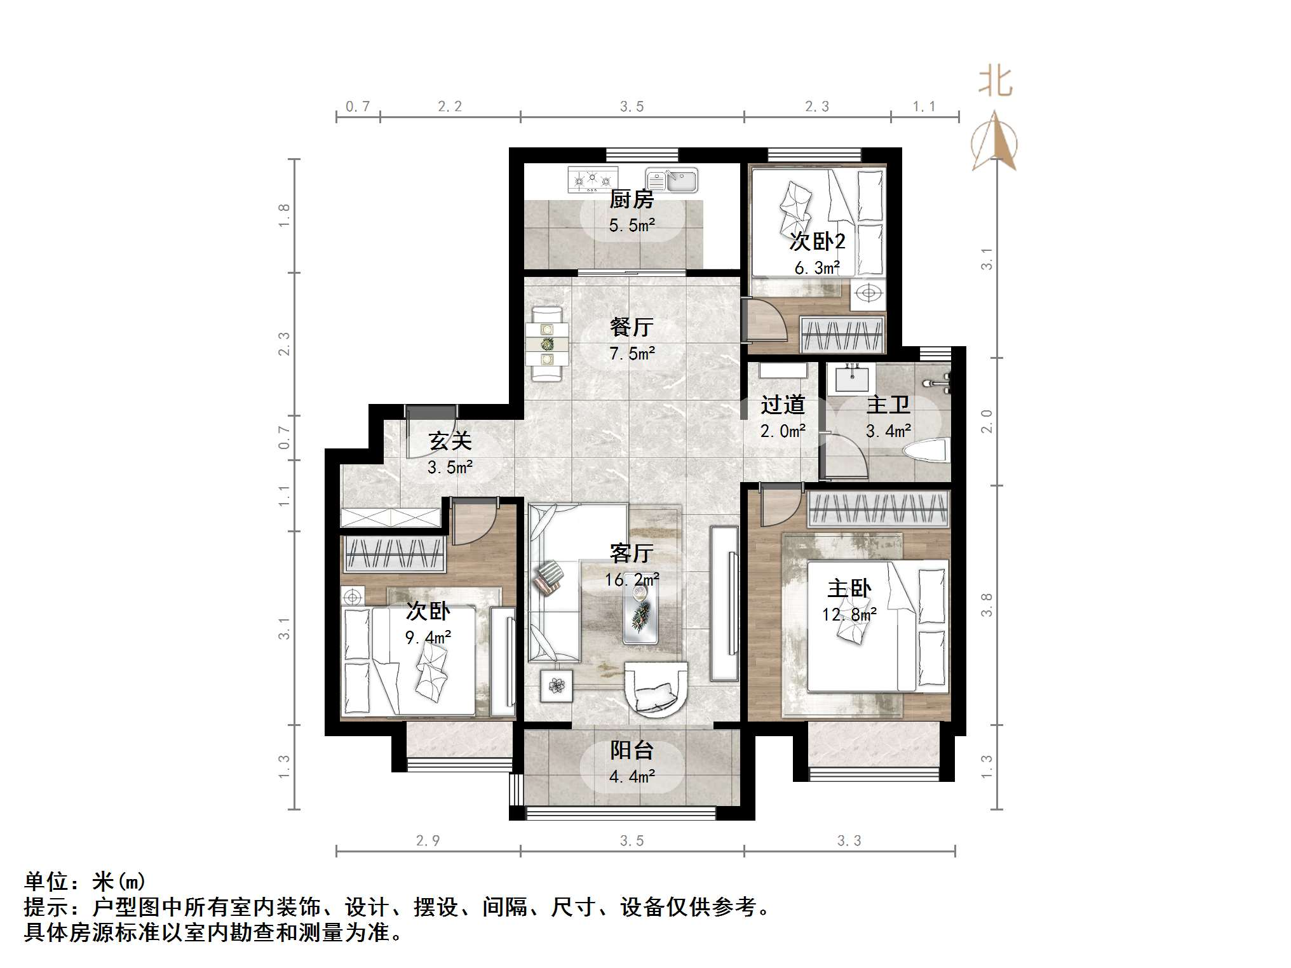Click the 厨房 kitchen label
point(631,199)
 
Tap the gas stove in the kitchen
point(592,179)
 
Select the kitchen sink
point(672,180)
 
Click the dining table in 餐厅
point(547,344)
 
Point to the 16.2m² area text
point(632,579)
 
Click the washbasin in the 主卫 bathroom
point(852,379)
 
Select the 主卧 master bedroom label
point(849,588)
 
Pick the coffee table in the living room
point(640,613)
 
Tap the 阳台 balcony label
point(632,750)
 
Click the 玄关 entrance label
point(450,440)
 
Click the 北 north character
point(994,83)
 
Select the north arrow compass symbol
point(994,142)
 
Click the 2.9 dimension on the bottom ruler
point(428,840)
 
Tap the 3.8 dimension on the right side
point(986,605)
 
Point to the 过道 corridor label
point(783,405)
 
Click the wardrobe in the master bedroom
point(879,509)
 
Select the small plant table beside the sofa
point(557,686)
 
